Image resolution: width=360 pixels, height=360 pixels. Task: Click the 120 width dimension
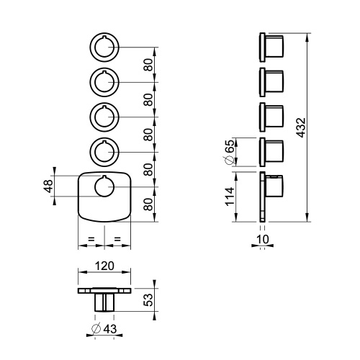(105, 266)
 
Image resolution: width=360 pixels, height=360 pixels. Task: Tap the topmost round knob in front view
(105, 47)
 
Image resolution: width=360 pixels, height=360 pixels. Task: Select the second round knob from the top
(105, 81)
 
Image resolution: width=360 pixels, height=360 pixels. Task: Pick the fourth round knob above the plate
(105, 152)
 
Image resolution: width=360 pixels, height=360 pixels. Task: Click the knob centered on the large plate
(105, 187)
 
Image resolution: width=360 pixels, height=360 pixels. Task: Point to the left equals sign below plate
(91, 238)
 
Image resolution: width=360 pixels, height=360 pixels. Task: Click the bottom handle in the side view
(272, 189)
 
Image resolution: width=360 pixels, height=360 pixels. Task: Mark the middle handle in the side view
(272, 116)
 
